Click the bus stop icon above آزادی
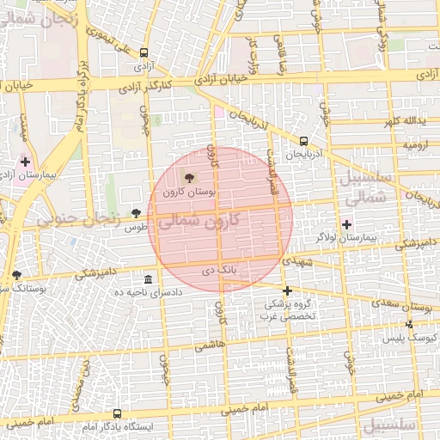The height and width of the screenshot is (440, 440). coord(144,52)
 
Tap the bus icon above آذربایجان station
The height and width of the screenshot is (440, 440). coord(303,141)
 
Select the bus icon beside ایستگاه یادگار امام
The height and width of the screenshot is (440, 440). coord(117,413)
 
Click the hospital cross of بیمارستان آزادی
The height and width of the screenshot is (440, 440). coord(25,161)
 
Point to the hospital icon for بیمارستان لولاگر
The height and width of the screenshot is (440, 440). coord(346,223)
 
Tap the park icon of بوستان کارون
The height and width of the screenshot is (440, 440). coord(189,177)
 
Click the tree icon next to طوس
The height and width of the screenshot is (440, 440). coord(135,212)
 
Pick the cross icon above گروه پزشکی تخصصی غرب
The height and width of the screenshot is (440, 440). coord(287,290)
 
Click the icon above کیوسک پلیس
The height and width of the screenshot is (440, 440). coord(409,324)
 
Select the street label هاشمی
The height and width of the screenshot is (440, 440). coord(208,345)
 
